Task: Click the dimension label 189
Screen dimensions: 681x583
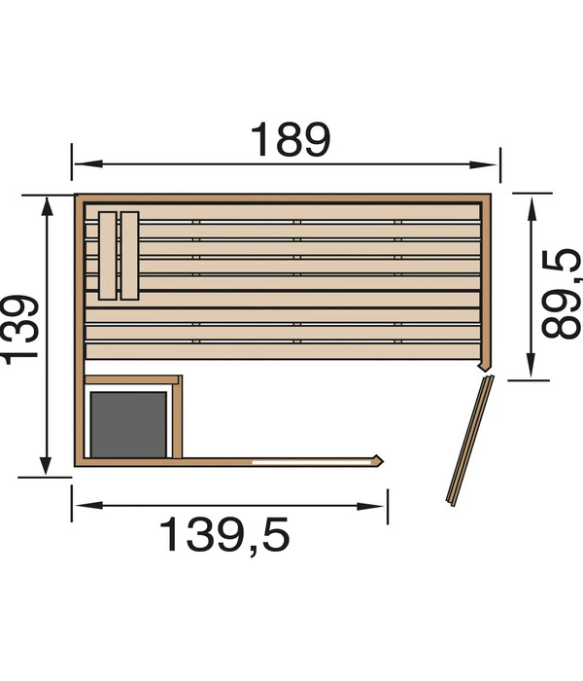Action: (291, 140)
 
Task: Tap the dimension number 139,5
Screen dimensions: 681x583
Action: (224, 534)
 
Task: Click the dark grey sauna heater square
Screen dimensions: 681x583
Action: (128, 423)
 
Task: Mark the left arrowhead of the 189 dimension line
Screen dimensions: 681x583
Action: (78, 164)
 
